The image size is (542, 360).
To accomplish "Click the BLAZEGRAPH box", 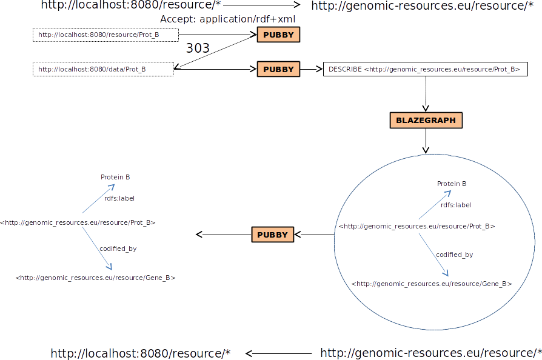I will (426, 121).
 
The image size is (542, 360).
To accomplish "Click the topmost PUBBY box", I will (278, 35).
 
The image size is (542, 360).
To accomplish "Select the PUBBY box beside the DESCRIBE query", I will (278, 70).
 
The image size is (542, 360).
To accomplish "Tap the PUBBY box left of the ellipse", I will (272, 235).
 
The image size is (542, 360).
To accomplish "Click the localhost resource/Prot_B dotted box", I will (105, 35).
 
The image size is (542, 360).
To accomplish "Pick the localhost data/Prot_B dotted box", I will (104, 70).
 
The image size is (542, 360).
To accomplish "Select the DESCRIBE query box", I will (425, 70).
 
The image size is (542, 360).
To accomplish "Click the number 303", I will (198, 48).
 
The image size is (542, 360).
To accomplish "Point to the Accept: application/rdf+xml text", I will (227, 19).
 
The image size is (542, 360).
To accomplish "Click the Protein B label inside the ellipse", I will (452, 184).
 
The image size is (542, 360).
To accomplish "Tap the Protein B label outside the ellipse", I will (115, 177).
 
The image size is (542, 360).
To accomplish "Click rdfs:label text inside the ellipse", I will (456, 205).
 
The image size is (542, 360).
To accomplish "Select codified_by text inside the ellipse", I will (454, 255).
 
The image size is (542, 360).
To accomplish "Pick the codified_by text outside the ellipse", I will (118, 248).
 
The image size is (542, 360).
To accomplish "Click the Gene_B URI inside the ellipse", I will (432, 284).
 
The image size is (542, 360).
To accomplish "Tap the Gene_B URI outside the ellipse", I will (96, 278).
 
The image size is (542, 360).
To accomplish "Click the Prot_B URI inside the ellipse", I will (417, 226).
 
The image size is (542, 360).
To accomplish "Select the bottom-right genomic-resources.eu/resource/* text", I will (430, 353).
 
